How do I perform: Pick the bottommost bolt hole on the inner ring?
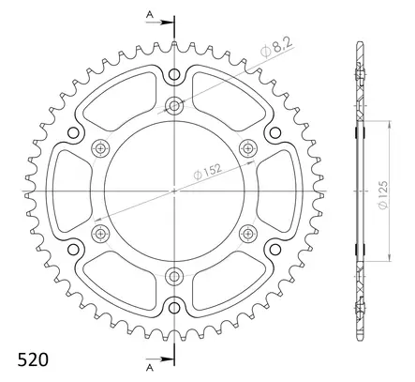coord(174,275)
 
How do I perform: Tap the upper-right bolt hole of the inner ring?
coord(248,146)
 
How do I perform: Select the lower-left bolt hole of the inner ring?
coord(101,232)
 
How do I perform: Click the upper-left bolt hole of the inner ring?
coord(101,146)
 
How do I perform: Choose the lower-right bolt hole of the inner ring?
coord(248,232)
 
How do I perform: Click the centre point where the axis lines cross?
coord(174,190)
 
